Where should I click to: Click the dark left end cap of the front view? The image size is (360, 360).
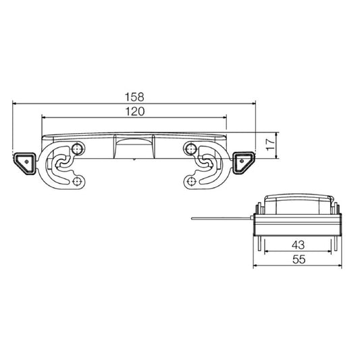(x=25, y=161)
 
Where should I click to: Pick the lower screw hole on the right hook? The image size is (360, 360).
(x=192, y=182)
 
